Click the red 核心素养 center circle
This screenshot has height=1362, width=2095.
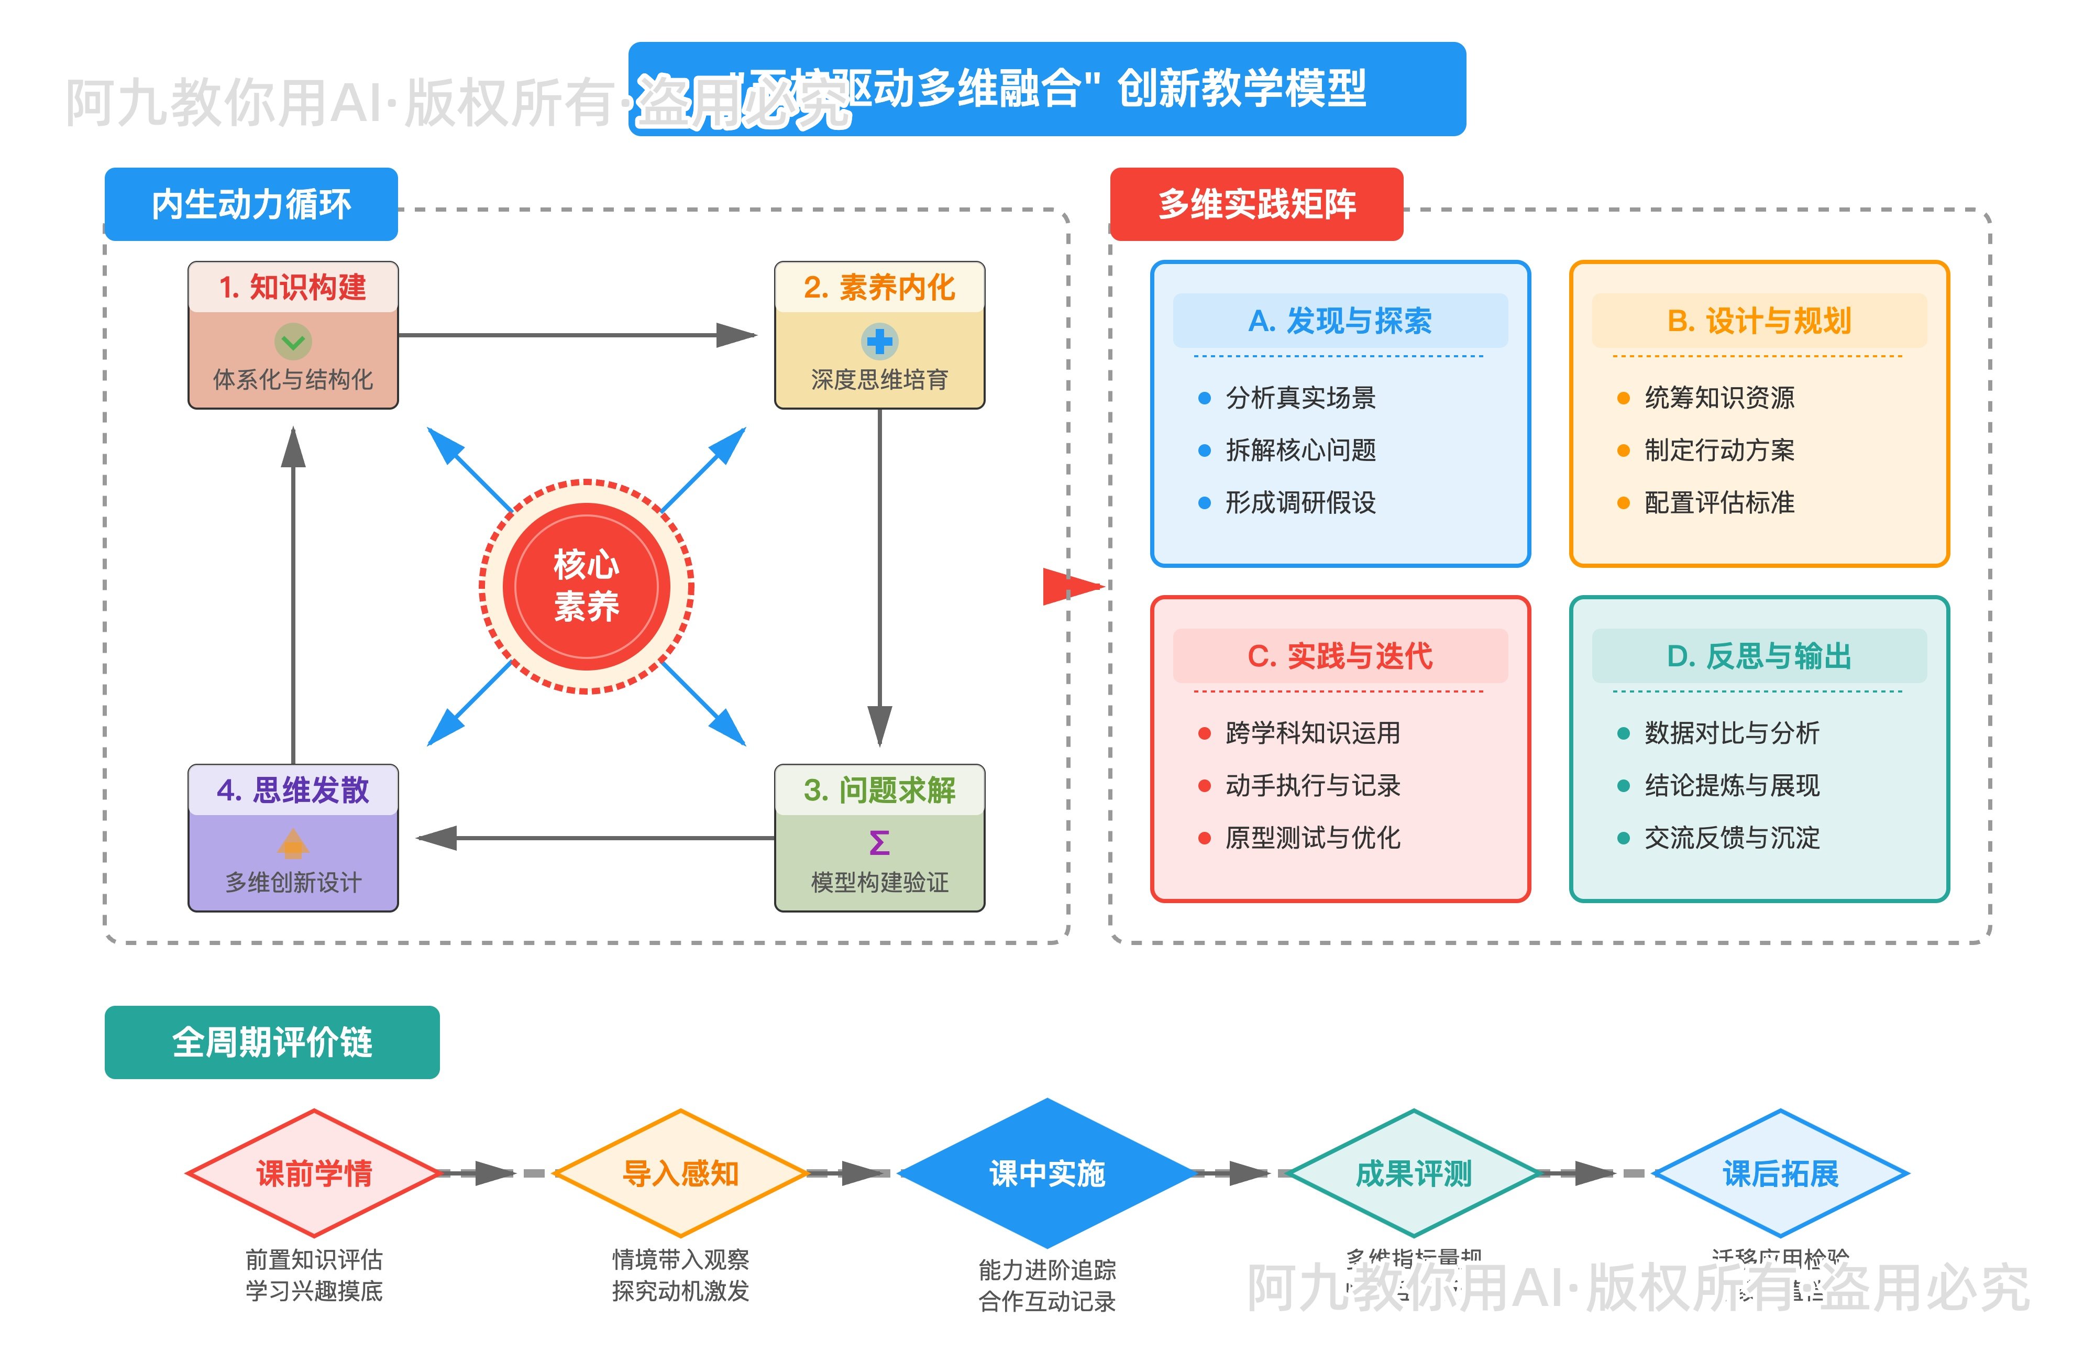(586, 586)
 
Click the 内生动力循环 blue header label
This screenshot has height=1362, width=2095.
(251, 204)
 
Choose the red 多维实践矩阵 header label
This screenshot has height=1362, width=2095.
(1256, 204)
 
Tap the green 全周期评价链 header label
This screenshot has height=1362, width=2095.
(272, 1042)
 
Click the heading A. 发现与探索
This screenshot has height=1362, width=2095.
(1340, 321)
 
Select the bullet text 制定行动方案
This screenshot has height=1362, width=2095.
(1718, 450)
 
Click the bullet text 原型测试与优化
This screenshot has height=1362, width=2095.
(1311, 837)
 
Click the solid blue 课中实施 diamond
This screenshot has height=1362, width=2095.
(1046, 1173)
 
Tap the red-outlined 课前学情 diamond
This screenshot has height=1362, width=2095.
(313, 1173)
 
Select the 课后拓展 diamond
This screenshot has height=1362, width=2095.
(1780, 1173)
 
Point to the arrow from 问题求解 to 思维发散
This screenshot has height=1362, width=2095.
(599, 838)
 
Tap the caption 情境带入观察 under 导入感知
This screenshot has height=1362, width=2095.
(680, 1259)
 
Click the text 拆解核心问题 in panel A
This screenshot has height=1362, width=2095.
(1300, 450)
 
